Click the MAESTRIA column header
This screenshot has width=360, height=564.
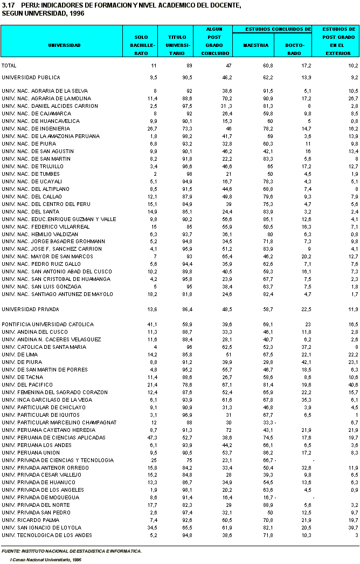(255, 45)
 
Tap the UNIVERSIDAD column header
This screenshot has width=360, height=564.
(64, 45)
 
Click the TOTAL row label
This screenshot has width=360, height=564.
(9, 65)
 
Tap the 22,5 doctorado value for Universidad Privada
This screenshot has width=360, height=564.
(306, 309)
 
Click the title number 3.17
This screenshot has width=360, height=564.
(8, 5)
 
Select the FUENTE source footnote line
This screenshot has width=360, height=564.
(71, 551)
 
